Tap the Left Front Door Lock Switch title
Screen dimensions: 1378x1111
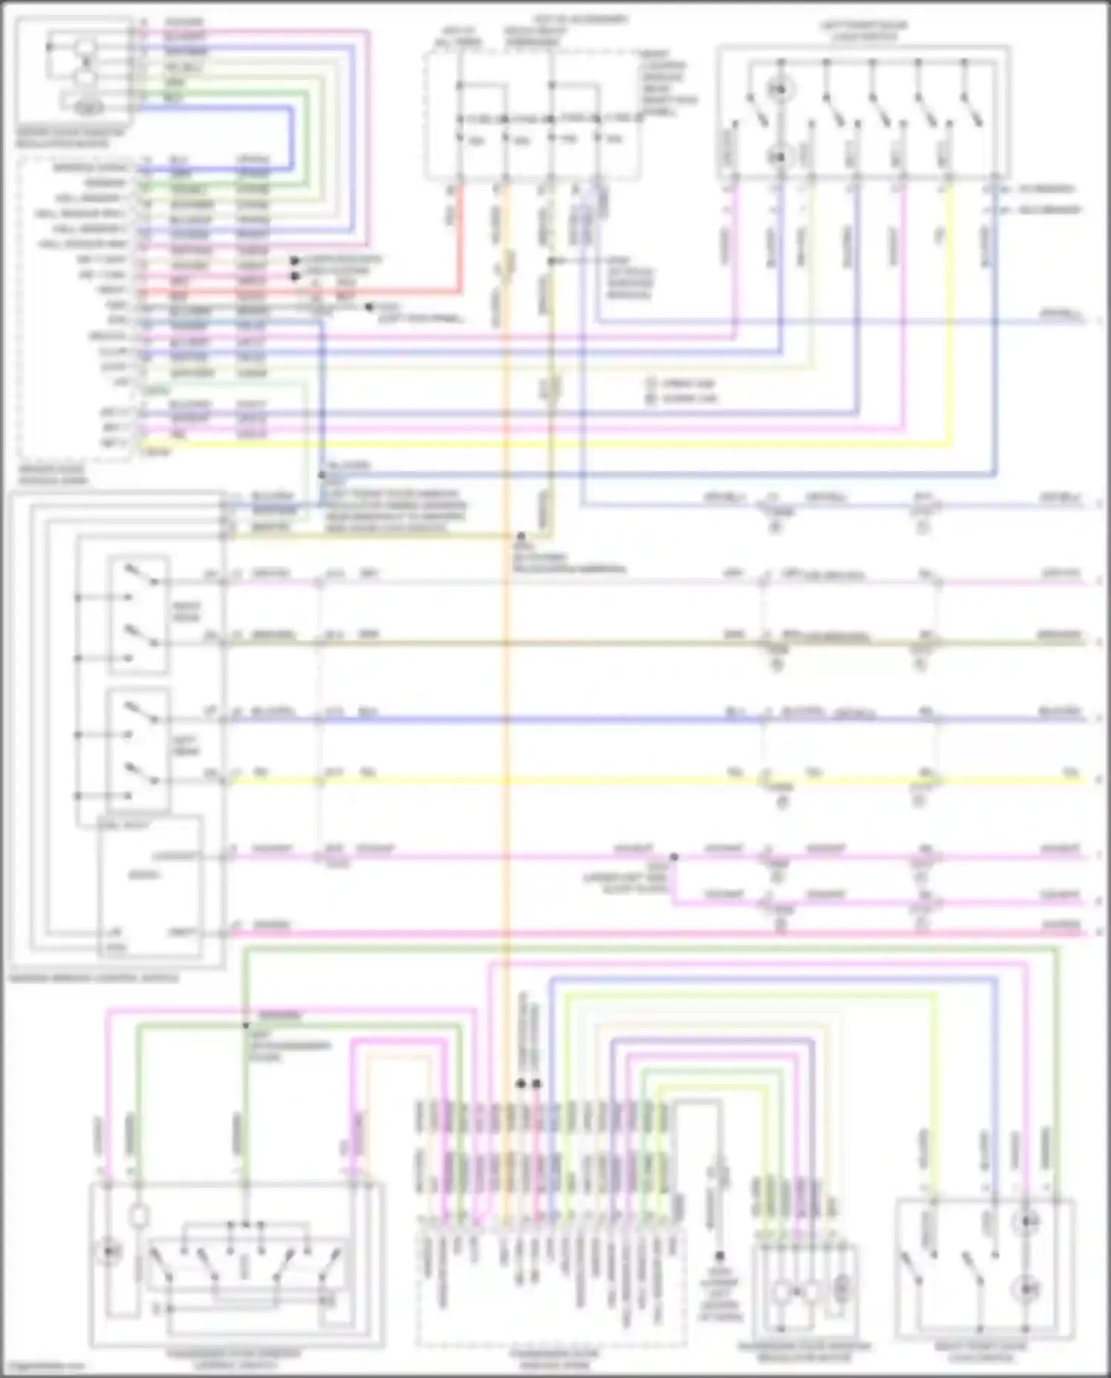coord(864,30)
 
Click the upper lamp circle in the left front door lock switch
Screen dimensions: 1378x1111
coord(779,90)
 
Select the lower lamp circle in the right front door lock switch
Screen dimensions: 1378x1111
coord(1026,1291)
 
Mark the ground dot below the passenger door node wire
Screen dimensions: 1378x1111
coord(719,1256)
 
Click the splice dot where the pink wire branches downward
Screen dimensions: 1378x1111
coord(674,857)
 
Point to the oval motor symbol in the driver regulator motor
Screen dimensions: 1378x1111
coord(87,108)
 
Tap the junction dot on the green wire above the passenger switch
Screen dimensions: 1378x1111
coord(246,1025)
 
